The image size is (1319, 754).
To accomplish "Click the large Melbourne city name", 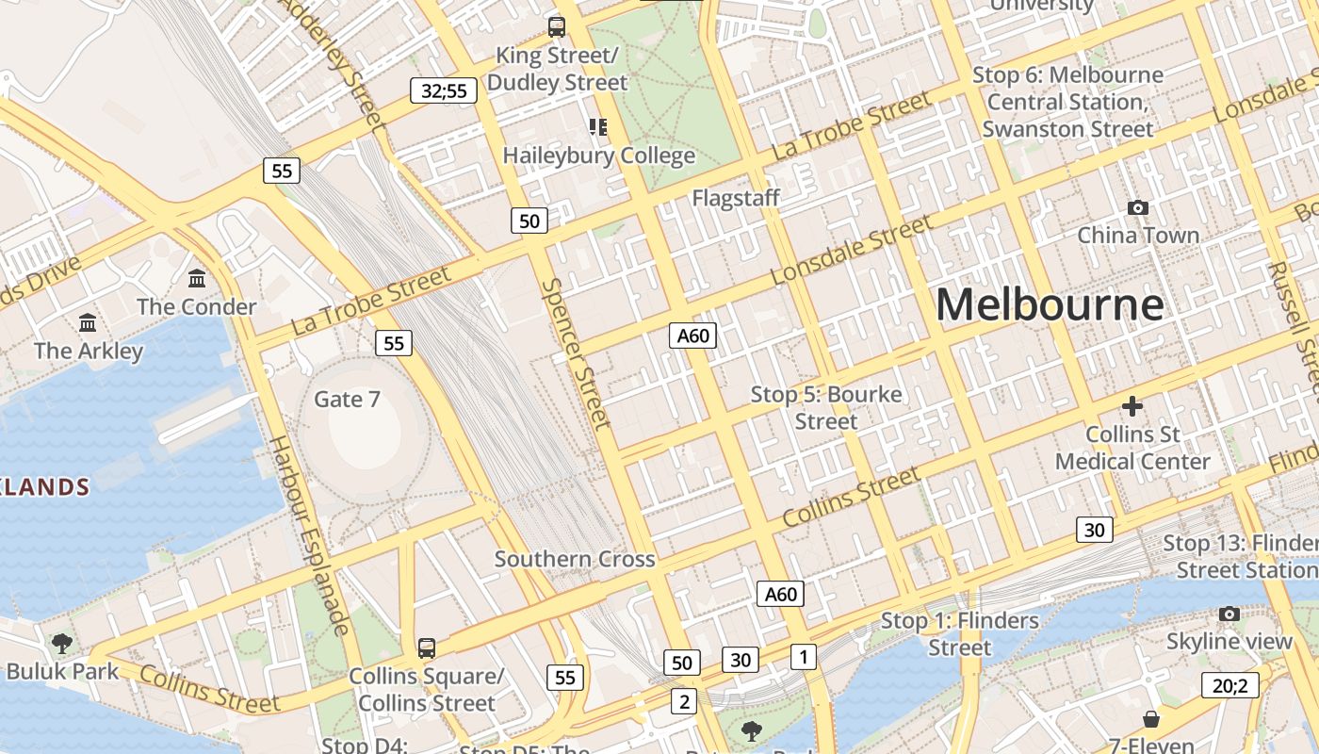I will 1050,304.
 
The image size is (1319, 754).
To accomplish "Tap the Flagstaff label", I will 736,198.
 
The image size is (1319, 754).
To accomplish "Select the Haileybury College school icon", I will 598,126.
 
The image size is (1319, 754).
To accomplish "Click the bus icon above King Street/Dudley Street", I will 557,26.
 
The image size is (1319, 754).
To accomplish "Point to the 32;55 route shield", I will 444,90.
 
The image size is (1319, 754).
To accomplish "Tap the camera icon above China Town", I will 1137,207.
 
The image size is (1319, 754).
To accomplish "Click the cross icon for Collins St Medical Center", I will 1132,406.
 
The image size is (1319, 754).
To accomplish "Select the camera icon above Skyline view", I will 1229,615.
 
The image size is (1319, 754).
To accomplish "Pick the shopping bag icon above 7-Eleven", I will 1150,720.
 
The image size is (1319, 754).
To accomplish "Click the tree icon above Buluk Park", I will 62,644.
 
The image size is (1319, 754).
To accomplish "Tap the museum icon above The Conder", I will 197,279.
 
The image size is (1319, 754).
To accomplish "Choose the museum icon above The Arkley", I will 88,323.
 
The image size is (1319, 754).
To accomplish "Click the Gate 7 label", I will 347,400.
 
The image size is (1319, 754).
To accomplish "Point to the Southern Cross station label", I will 575,559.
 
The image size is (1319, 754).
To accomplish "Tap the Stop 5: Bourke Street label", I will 826,407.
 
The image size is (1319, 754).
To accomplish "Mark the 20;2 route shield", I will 1230,685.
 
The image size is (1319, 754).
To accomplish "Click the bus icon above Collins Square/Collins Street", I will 427,647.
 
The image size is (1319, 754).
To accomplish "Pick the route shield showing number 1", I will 803,656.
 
